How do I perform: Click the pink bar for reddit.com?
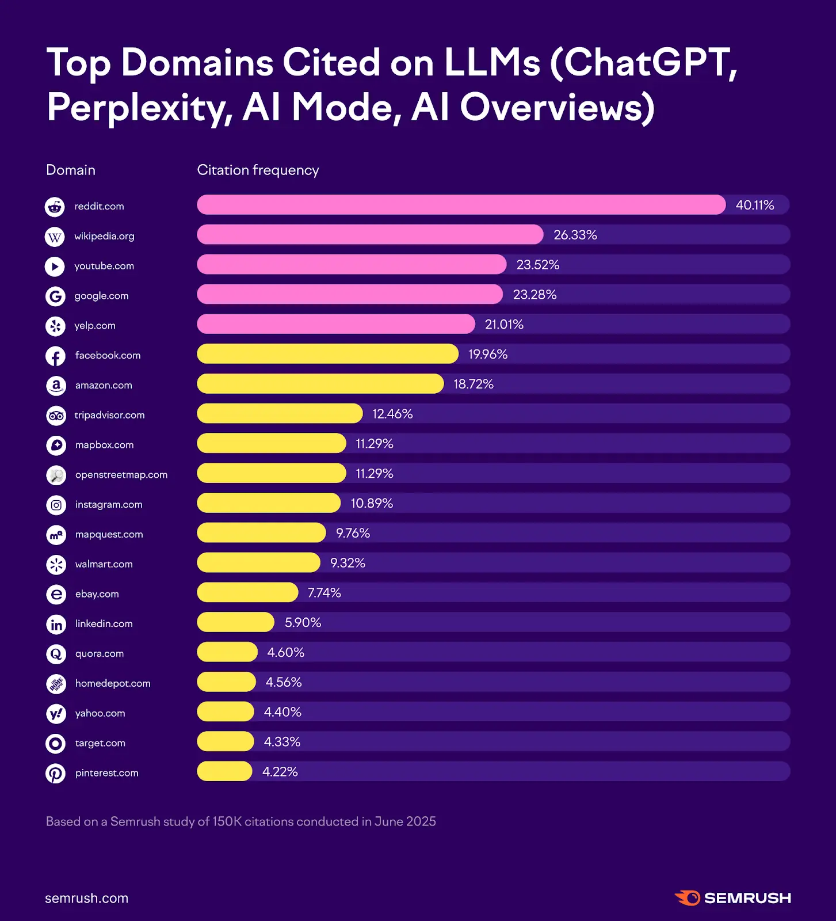pyautogui.click(x=460, y=205)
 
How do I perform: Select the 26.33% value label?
pyautogui.click(x=575, y=235)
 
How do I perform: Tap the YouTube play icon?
pyautogui.click(x=55, y=266)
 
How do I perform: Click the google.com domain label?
pyautogui.click(x=101, y=296)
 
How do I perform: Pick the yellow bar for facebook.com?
pyautogui.click(x=327, y=354)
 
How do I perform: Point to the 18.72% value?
pyautogui.click(x=473, y=384)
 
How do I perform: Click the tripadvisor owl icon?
pyautogui.click(x=56, y=416)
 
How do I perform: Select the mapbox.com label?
pyautogui.click(x=104, y=445)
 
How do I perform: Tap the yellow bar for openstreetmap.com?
pyautogui.click(x=271, y=473)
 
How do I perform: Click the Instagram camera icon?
pyautogui.click(x=56, y=505)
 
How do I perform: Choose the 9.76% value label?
pyautogui.click(x=353, y=533)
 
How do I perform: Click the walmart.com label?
pyautogui.click(x=104, y=564)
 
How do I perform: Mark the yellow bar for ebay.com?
pyautogui.click(x=247, y=592)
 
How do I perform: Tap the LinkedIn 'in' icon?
pyautogui.click(x=56, y=625)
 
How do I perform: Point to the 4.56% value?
pyautogui.click(x=283, y=682)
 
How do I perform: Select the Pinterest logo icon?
pyautogui.click(x=56, y=774)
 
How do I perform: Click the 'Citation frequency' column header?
pyautogui.click(x=258, y=170)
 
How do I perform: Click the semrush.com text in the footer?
pyautogui.click(x=86, y=899)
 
